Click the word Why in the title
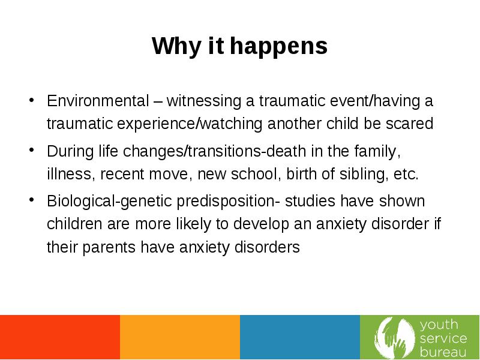[x=176, y=46]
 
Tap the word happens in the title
[x=278, y=46]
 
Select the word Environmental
[x=98, y=101]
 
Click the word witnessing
[x=204, y=101]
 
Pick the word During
[x=70, y=151]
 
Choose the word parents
[x=109, y=247]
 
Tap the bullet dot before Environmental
[x=31, y=100]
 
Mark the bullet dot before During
[x=31, y=150]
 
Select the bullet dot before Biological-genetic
[x=31, y=200]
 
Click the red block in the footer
[x=60, y=337]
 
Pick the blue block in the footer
[x=300, y=337]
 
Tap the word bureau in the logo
[x=443, y=352]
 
